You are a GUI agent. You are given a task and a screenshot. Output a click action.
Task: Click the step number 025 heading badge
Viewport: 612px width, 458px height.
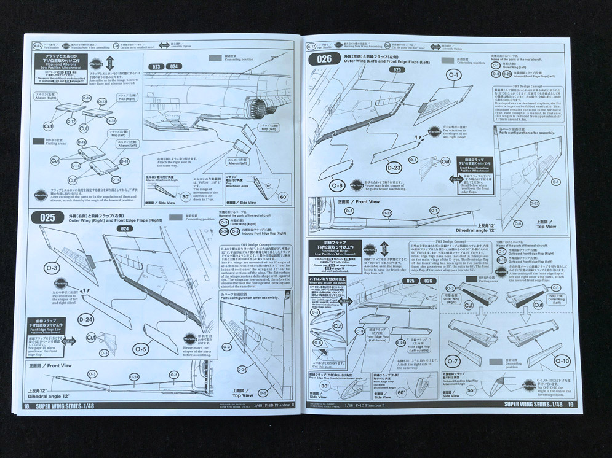(47, 217)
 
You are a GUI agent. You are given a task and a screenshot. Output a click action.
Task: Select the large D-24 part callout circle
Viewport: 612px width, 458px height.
(86, 319)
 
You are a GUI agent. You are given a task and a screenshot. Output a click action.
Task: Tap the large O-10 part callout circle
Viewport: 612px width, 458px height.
(544, 361)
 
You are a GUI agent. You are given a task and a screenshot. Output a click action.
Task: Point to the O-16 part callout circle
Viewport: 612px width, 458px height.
(116, 179)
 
